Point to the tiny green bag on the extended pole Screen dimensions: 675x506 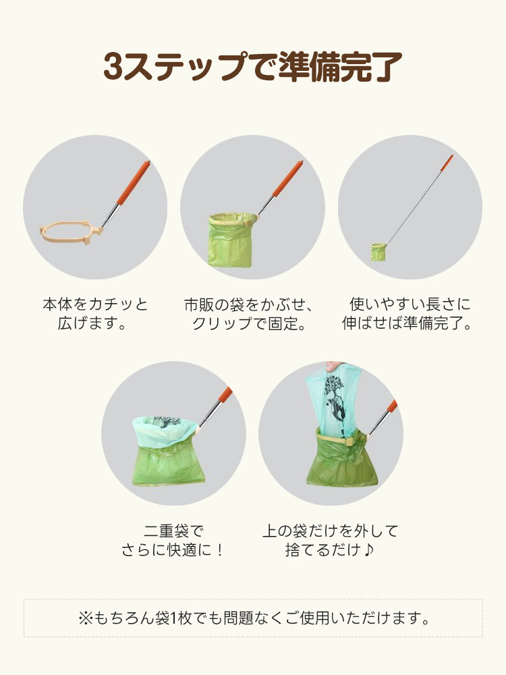pyautogui.click(x=378, y=252)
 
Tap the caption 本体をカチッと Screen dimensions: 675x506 pyautogui.click(x=95, y=304)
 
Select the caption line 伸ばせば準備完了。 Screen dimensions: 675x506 pyautogui.click(x=410, y=324)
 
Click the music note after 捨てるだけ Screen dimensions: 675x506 pyautogui.click(x=368, y=551)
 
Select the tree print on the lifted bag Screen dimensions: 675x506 pyautogui.click(x=335, y=398)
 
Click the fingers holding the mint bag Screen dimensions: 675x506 pyautogui.click(x=331, y=366)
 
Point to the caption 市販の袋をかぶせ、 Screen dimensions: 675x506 pyautogui.click(x=248, y=304)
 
